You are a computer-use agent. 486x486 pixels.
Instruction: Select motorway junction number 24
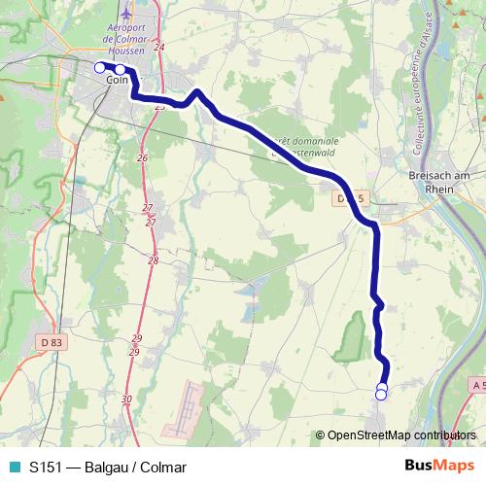[x=159, y=47]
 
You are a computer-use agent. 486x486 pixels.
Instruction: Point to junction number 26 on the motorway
[x=142, y=157]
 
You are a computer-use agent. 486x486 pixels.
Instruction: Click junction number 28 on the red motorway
[x=154, y=260]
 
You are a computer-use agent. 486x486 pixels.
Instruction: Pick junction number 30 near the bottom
[x=127, y=399]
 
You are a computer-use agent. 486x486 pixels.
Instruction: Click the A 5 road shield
[x=476, y=386]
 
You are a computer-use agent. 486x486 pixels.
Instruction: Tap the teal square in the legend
[x=14, y=467]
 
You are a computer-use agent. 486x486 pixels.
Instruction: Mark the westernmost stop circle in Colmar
[x=98, y=67]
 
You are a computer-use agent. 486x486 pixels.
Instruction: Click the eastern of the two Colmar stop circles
[x=120, y=69]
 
